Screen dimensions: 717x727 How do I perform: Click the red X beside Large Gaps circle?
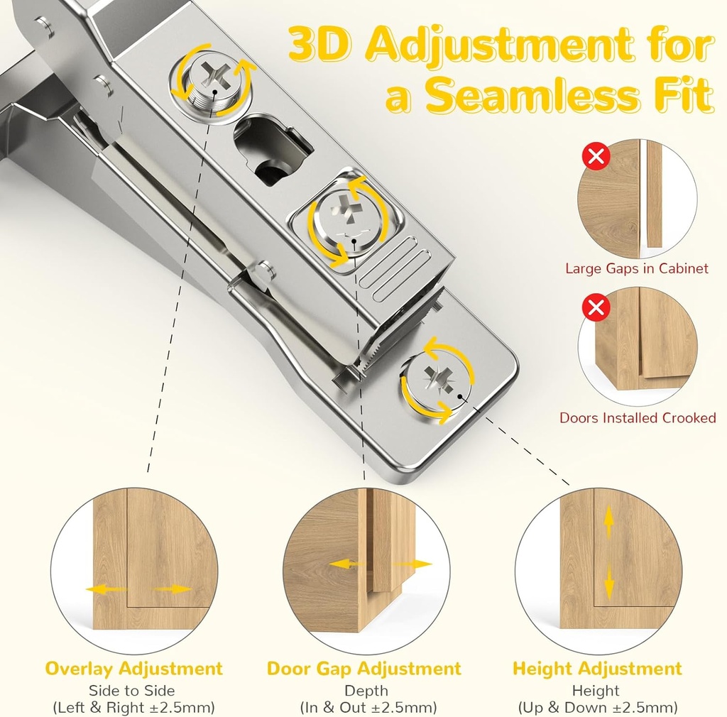click(596, 155)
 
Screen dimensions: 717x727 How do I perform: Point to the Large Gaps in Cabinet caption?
click(637, 268)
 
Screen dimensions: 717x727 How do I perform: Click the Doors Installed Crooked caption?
click(638, 418)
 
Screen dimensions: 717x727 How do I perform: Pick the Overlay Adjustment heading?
click(133, 669)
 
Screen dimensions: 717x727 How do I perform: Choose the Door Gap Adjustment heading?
click(364, 669)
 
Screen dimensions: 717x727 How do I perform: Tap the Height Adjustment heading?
click(597, 669)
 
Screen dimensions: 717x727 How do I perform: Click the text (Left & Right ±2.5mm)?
click(133, 708)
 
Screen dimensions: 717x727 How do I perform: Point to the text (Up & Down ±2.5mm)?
click(597, 708)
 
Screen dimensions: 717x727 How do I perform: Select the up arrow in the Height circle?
click(608, 524)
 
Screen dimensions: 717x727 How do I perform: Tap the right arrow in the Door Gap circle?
click(415, 564)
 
